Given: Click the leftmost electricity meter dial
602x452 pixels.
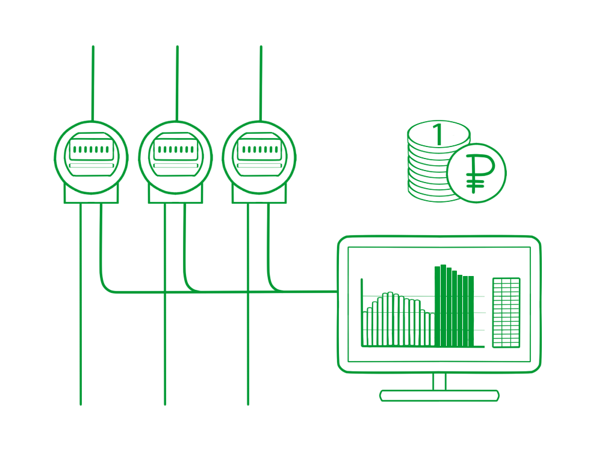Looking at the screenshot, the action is pyautogui.click(x=91, y=157).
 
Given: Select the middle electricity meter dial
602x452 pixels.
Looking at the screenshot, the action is pyautogui.click(x=175, y=157).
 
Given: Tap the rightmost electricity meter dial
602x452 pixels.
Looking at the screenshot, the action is pyautogui.click(x=259, y=157).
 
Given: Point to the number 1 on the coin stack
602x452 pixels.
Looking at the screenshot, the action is pyautogui.click(x=438, y=134).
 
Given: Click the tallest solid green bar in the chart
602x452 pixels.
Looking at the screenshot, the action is pyautogui.click(x=443, y=306).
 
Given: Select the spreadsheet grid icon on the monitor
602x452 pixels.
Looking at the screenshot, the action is pyautogui.click(x=506, y=312).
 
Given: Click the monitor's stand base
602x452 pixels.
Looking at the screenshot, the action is pyautogui.click(x=439, y=396).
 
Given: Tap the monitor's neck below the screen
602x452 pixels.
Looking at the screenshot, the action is pyautogui.click(x=439, y=381).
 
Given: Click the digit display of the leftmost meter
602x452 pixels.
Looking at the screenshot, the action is pyautogui.click(x=92, y=149).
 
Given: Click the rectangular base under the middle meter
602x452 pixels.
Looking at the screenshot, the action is pyautogui.click(x=175, y=195).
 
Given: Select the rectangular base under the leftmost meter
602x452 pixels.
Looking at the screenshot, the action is pyautogui.click(x=91, y=195).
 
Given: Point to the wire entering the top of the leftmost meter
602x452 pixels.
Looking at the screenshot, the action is pyautogui.click(x=93, y=83).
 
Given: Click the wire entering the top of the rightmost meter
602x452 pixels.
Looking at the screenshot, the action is pyautogui.click(x=261, y=83).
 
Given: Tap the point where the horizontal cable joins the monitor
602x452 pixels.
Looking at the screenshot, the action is pyautogui.click(x=338, y=291).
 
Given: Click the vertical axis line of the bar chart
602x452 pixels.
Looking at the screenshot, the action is pyautogui.click(x=362, y=312).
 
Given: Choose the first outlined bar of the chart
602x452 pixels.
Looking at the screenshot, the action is pyautogui.click(x=365, y=328).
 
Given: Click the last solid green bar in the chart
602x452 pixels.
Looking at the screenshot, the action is pyautogui.click(x=471, y=312).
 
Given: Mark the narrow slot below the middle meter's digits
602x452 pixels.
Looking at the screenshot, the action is pyautogui.click(x=176, y=166).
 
